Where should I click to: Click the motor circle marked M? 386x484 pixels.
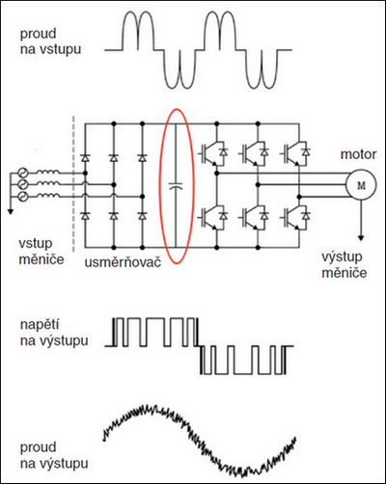361,185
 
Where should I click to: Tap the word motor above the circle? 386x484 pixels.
358,154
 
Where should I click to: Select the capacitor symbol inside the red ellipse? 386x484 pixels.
176,186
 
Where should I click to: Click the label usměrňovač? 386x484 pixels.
123,262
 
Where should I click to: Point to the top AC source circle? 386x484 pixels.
23,173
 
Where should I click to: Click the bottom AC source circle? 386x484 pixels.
23,196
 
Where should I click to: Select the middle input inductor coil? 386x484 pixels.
47,183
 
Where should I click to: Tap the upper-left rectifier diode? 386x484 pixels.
85,158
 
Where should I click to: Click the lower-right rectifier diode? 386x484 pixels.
142,216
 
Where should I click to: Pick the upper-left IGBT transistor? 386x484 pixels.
214,152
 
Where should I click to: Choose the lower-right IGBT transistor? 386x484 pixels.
296,217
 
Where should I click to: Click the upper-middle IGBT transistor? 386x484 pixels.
255,152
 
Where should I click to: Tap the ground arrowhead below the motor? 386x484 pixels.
361,238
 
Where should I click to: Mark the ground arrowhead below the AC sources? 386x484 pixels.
11,211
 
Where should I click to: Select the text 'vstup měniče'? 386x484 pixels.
41,252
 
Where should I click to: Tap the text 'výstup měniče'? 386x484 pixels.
345,264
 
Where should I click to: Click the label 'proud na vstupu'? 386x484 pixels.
50,41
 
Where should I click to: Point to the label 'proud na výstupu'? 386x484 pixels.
54,455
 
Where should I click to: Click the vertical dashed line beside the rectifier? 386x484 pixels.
73,184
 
